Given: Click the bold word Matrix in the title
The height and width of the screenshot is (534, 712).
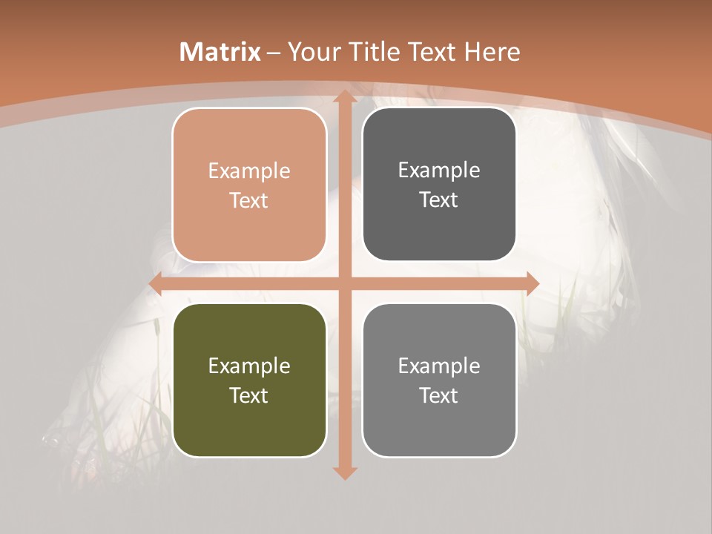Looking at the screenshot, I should (220, 52).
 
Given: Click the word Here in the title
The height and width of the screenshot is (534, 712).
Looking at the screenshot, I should (492, 52).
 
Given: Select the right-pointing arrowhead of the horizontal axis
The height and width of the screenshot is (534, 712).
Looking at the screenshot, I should (531, 283).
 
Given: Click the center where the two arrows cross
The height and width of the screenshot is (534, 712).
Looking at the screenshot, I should (344, 283).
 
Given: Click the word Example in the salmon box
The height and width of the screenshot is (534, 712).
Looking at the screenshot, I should (249, 171).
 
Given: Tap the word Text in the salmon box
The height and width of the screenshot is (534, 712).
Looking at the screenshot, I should (249, 200).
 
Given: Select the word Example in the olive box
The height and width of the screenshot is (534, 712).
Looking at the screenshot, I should (249, 366).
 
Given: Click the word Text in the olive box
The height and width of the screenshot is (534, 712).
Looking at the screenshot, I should (249, 395).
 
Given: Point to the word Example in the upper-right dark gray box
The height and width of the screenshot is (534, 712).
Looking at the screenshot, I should (439, 171).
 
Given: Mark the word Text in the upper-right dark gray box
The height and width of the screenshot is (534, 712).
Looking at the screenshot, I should (439, 200).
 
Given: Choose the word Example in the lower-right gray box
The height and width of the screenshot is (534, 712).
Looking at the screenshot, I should (439, 366).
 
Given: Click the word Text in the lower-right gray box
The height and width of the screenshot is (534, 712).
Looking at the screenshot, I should (439, 395).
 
